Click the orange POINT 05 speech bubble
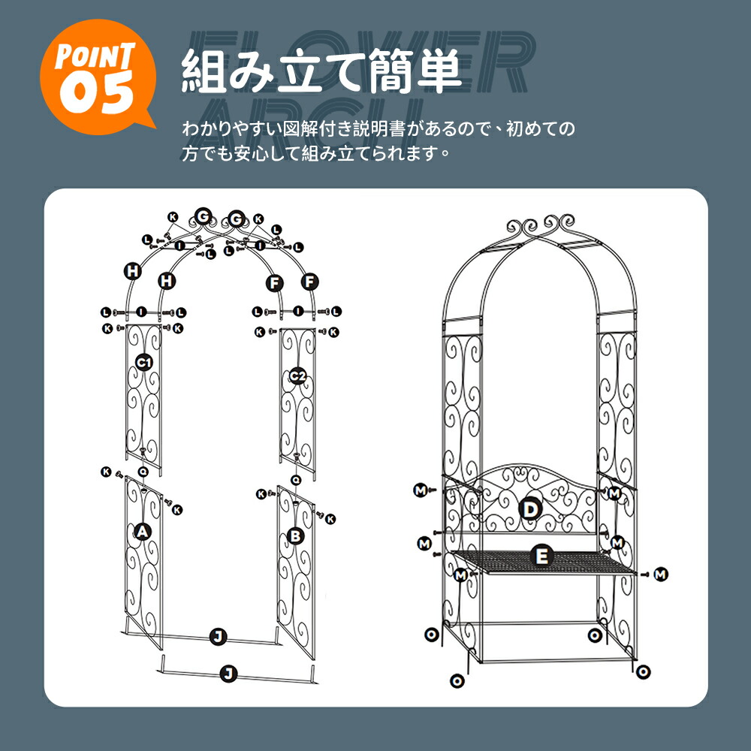click(x=98, y=77)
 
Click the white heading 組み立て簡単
click(x=321, y=72)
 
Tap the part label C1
click(x=143, y=362)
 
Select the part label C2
click(x=297, y=376)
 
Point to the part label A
click(x=142, y=531)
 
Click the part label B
click(x=295, y=536)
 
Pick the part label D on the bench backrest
click(x=530, y=510)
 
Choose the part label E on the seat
click(x=541, y=556)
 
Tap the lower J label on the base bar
click(x=228, y=674)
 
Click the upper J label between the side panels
click(x=218, y=637)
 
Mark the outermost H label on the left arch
click(x=133, y=271)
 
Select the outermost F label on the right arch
click(x=310, y=282)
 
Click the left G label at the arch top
click(x=203, y=216)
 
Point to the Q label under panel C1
click(x=143, y=472)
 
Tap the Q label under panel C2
click(x=296, y=479)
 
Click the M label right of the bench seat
click(x=661, y=575)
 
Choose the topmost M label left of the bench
click(x=421, y=490)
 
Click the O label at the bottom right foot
click(x=644, y=672)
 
